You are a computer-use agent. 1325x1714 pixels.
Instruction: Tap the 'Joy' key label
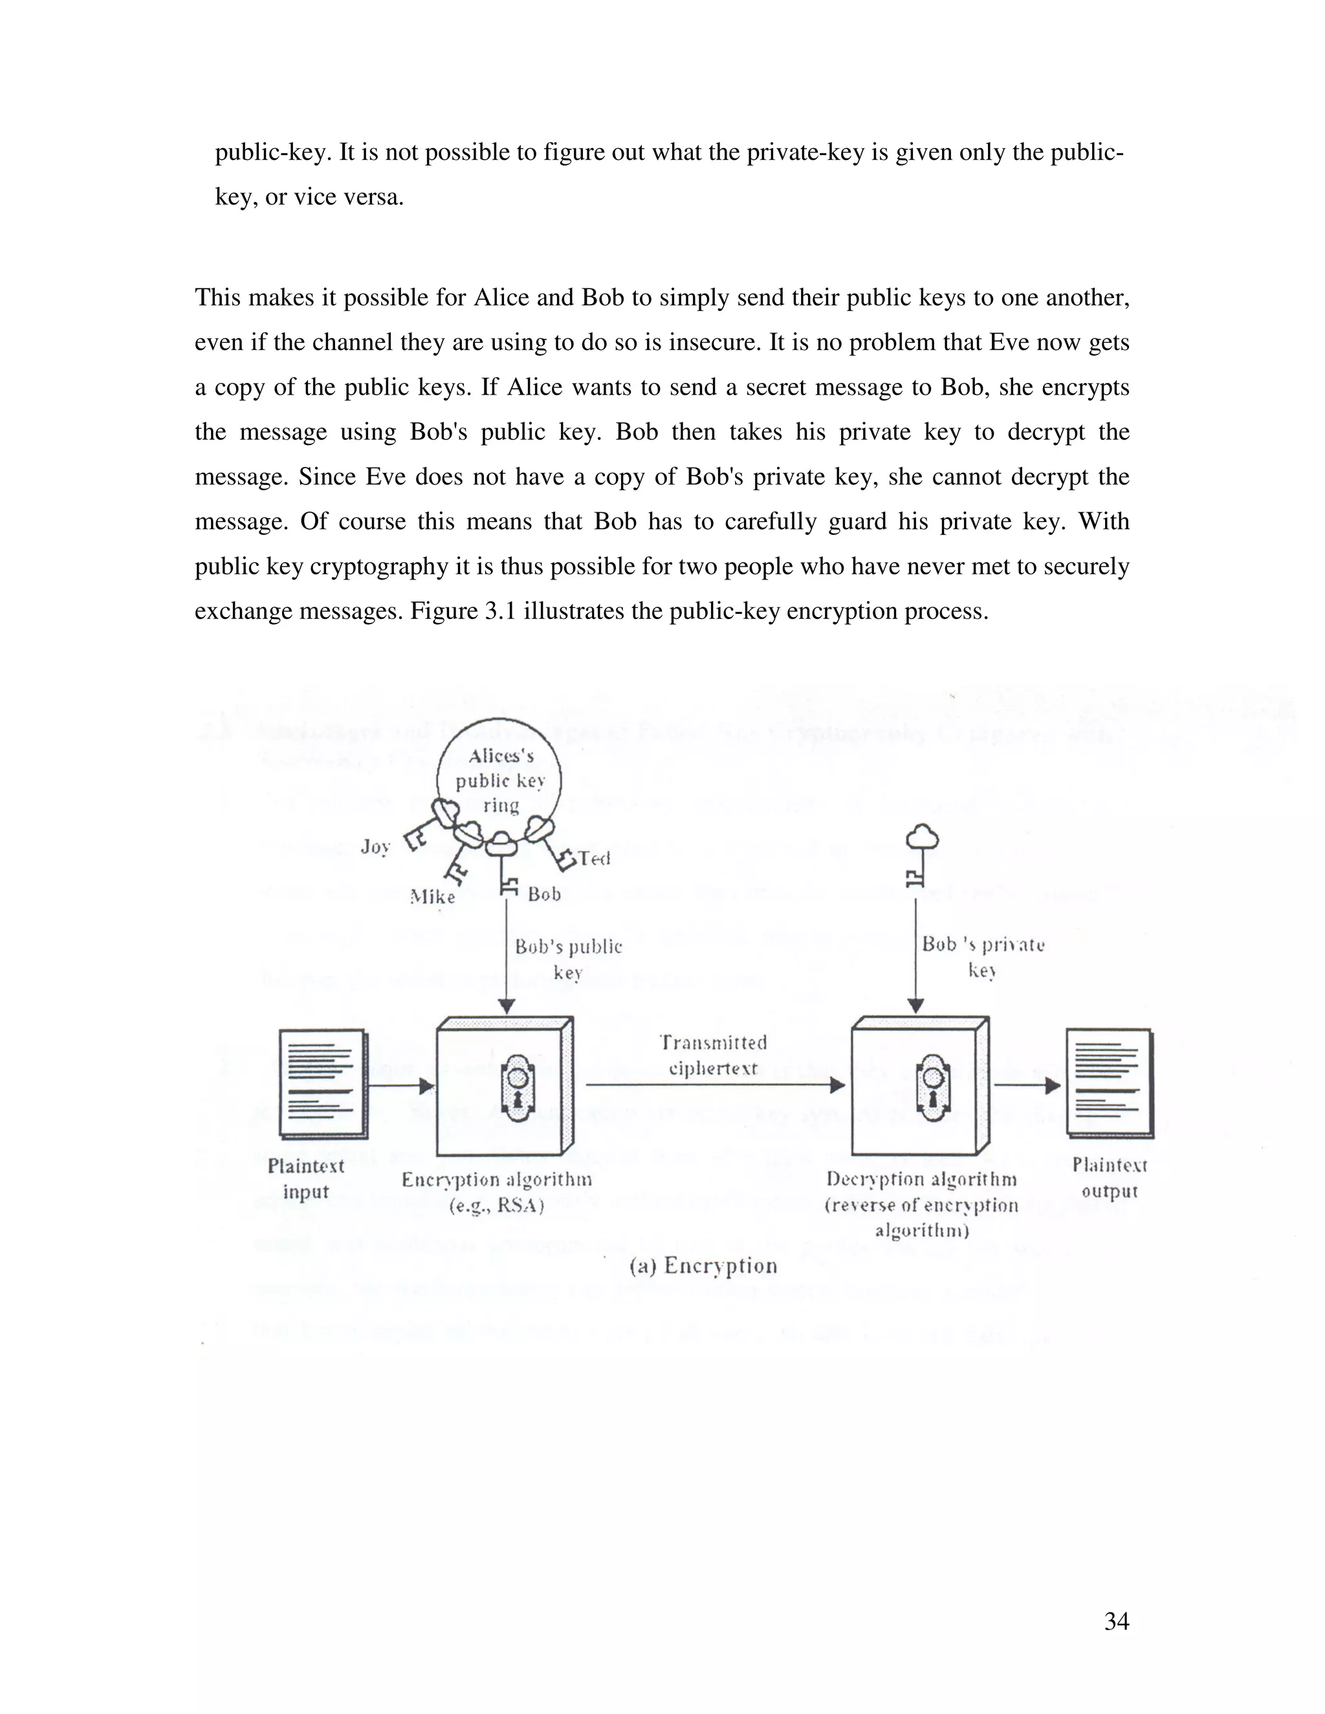coord(375,846)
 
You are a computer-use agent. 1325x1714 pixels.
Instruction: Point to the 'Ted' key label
coord(594,858)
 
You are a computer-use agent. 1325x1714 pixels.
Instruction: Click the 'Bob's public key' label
coord(568,959)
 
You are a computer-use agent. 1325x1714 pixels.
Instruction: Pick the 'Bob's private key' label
coord(983,957)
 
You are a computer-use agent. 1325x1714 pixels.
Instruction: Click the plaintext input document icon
coord(323,1083)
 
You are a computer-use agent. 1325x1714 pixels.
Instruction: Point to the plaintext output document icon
coord(1109,1083)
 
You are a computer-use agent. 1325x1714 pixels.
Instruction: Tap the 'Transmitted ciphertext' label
coord(713,1056)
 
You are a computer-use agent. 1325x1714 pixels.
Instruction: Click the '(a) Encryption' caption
coord(703,1266)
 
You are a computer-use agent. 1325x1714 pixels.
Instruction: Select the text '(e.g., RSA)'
coord(496,1206)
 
